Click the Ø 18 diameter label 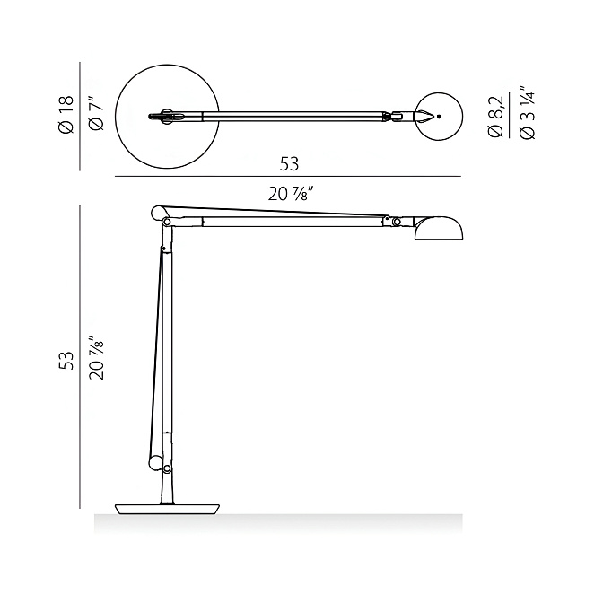pos(66,115)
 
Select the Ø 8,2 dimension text pos(495,117)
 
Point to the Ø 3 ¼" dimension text pos(527,112)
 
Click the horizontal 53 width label pos(289,164)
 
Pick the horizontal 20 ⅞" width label pos(288,194)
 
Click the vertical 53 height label pos(66,361)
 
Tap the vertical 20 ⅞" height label pos(97,358)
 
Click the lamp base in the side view pos(167,509)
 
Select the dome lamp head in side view pos(439,229)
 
